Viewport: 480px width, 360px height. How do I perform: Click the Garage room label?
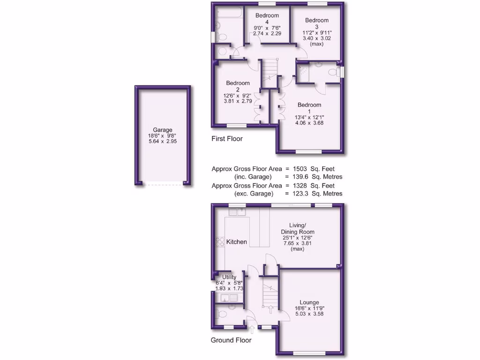(x=162, y=130)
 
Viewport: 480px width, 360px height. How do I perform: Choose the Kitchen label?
(x=237, y=242)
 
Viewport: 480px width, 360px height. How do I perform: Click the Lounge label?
(x=307, y=302)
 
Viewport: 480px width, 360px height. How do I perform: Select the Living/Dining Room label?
(x=298, y=228)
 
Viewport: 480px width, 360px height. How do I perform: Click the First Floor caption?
(x=227, y=139)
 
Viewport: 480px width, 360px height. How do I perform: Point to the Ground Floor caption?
(x=231, y=340)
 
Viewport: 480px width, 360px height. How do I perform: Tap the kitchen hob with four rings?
(x=219, y=242)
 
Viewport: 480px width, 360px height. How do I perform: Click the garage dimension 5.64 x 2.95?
(x=162, y=141)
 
